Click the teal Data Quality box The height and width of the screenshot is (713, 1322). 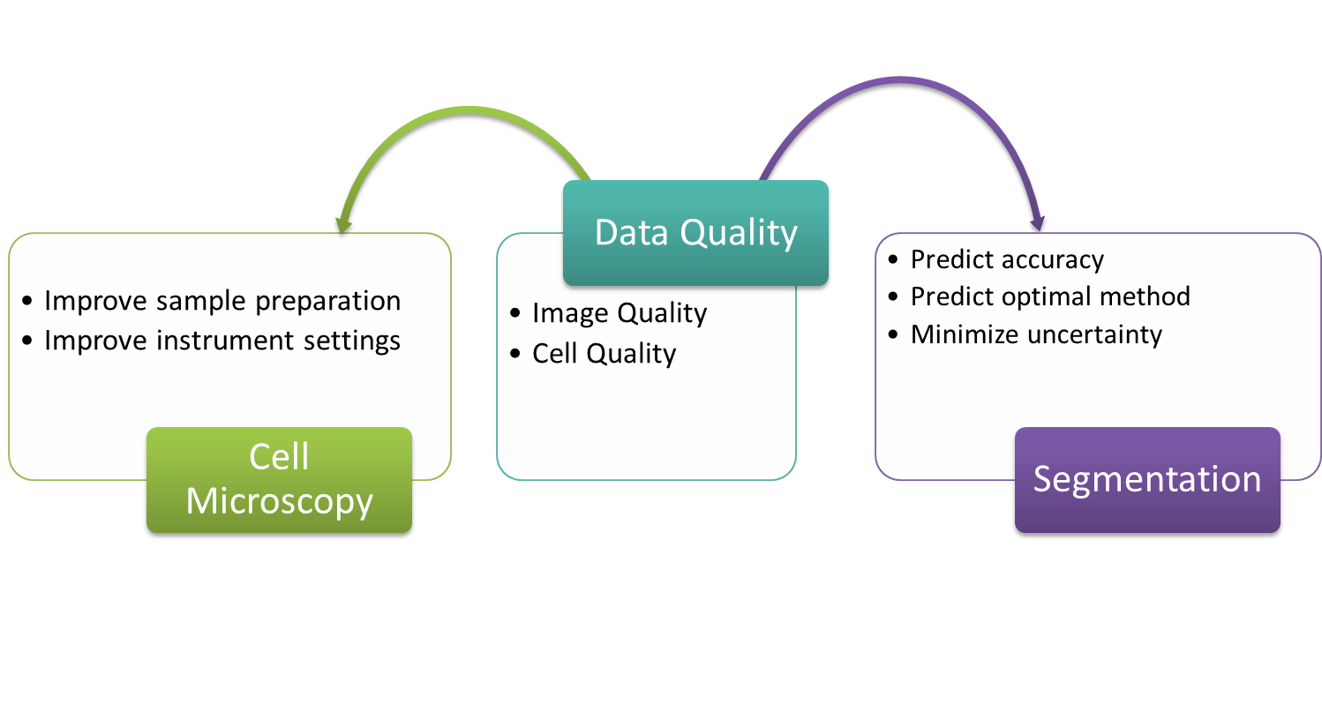pyautogui.click(x=695, y=233)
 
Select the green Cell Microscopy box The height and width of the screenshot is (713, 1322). pyautogui.click(x=279, y=480)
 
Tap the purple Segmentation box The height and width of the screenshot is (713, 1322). pyautogui.click(x=1147, y=480)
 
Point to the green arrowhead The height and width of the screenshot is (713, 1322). pyautogui.click(x=343, y=225)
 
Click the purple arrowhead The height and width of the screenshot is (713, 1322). pyautogui.click(x=1038, y=223)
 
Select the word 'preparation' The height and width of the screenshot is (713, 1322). pyautogui.click(x=328, y=302)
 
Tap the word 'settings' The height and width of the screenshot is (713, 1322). pyautogui.click(x=352, y=341)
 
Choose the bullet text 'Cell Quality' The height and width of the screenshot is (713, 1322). pyautogui.click(x=605, y=354)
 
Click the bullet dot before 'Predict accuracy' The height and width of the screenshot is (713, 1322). pyautogui.click(x=893, y=259)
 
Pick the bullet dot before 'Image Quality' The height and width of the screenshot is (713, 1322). pyautogui.click(x=515, y=313)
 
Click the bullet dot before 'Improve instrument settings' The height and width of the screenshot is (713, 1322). pyautogui.click(x=27, y=341)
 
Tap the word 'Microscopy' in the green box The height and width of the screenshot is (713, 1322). pyautogui.click(x=279, y=502)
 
